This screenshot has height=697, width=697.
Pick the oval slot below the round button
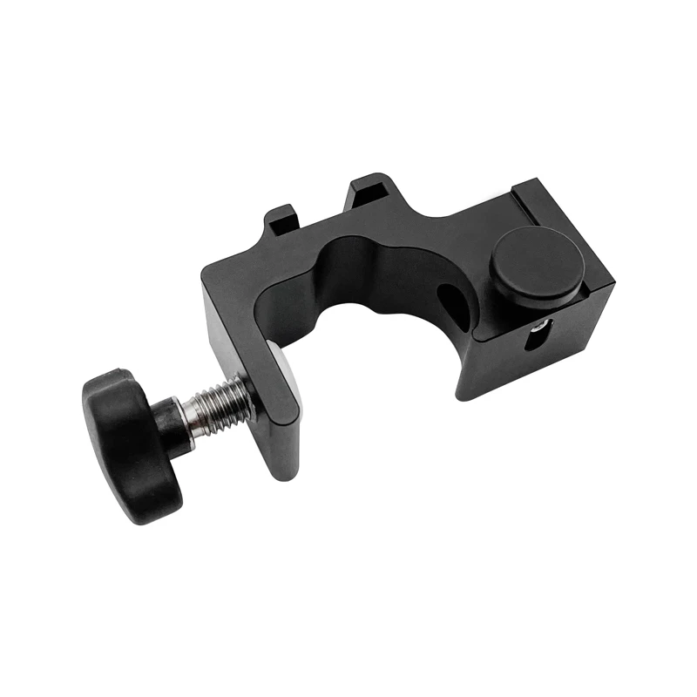coord(534,335)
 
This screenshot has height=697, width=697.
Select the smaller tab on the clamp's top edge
coord(281,219)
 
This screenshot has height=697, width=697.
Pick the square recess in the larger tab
coord(368,186)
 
